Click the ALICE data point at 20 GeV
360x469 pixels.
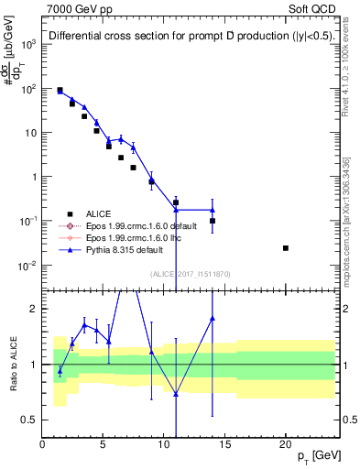(286, 248)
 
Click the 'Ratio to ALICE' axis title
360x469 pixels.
(11, 365)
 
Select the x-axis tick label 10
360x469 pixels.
(164, 442)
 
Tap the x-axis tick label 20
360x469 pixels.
(286, 442)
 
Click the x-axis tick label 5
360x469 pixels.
(103, 442)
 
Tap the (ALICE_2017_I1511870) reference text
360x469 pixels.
(190, 274)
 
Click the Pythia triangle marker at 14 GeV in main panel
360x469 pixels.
(213, 210)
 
